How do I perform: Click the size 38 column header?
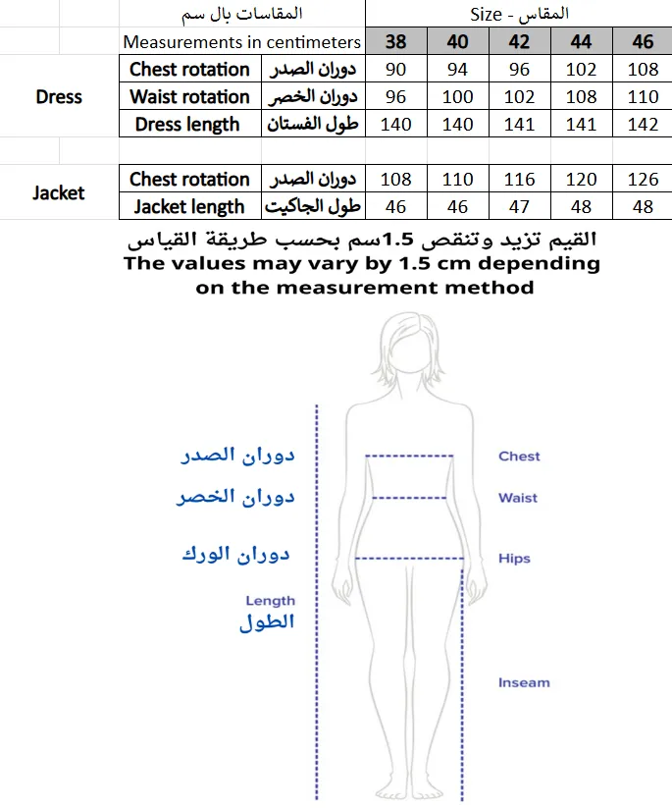(x=395, y=42)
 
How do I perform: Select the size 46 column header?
(x=643, y=42)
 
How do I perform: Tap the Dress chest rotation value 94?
(x=457, y=70)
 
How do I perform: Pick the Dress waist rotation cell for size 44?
(x=581, y=97)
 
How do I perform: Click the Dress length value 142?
(x=643, y=125)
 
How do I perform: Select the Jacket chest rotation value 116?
(x=519, y=180)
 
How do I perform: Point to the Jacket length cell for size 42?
(x=519, y=207)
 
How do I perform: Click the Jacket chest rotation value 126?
(x=643, y=180)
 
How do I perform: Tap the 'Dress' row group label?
(x=59, y=97)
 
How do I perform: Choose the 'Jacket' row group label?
(x=59, y=193)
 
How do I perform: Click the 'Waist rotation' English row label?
(x=189, y=97)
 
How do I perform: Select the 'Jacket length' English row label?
(x=189, y=207)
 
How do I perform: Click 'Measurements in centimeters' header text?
(x=241, y=42)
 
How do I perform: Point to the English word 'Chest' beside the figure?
(x=519, y=457)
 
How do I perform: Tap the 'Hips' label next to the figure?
(x=514, y=559)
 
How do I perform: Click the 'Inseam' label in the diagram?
(x=524, y=682)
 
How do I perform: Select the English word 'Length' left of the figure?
(x=270, y=601)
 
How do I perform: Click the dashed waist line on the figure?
(x=410, y=497)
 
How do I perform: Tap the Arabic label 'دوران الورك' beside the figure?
(x=236, y=555)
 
